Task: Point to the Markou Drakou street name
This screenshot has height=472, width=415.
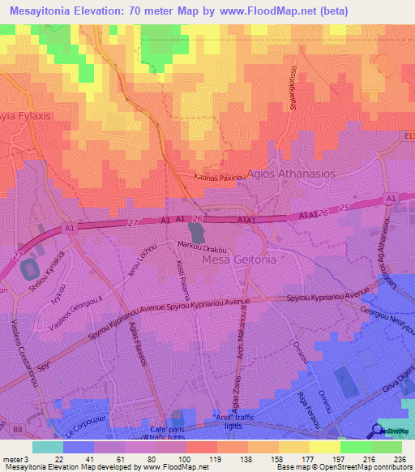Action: pos(201,246)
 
